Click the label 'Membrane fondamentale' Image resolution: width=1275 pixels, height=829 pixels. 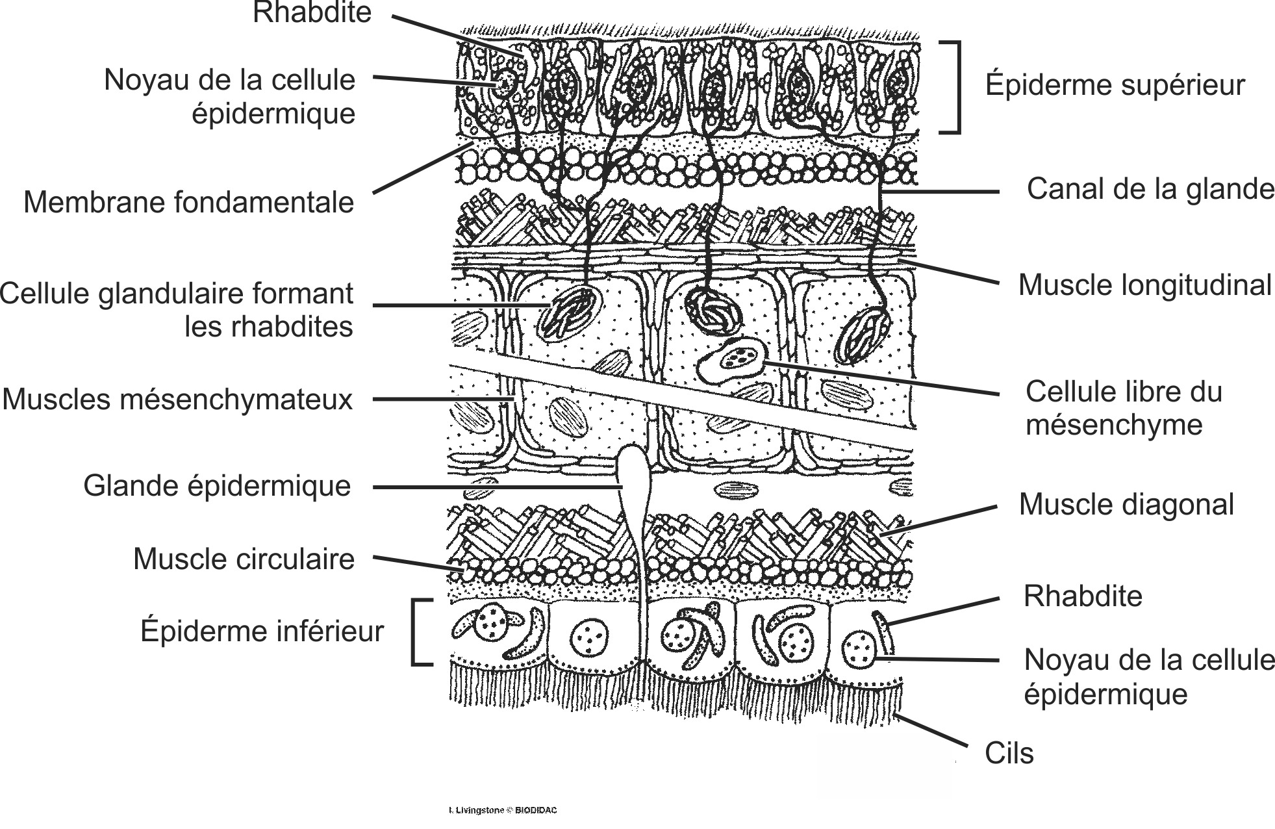tap(188, 202)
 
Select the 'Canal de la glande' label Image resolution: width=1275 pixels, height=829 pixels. tap(1150, 189)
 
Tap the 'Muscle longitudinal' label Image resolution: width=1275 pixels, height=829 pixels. tap(1144, 285)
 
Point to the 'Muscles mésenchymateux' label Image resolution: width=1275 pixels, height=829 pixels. tap(177, 399)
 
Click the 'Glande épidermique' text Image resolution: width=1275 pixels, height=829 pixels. tap(217, 485)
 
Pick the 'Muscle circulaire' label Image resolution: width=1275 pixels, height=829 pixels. tap(244, 559)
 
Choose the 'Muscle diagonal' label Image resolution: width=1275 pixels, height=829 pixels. tap(1126, 504)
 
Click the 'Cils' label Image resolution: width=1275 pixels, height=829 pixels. tap(1009, 753)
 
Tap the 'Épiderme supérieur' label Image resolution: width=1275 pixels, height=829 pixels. tap(1115, 85)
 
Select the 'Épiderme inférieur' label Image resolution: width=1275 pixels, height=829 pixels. tap(262, 631)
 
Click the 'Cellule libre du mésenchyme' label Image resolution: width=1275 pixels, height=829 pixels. tap(1124, 408)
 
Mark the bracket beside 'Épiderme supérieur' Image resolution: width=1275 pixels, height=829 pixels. tap(952, 88)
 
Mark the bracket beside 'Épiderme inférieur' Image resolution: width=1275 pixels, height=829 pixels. tap(419, 632)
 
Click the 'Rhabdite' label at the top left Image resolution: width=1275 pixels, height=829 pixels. tap(312, 13)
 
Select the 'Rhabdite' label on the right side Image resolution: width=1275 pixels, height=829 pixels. tap(1083, 596)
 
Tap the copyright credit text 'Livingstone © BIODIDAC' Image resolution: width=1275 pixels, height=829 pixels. tap(503, 810)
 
